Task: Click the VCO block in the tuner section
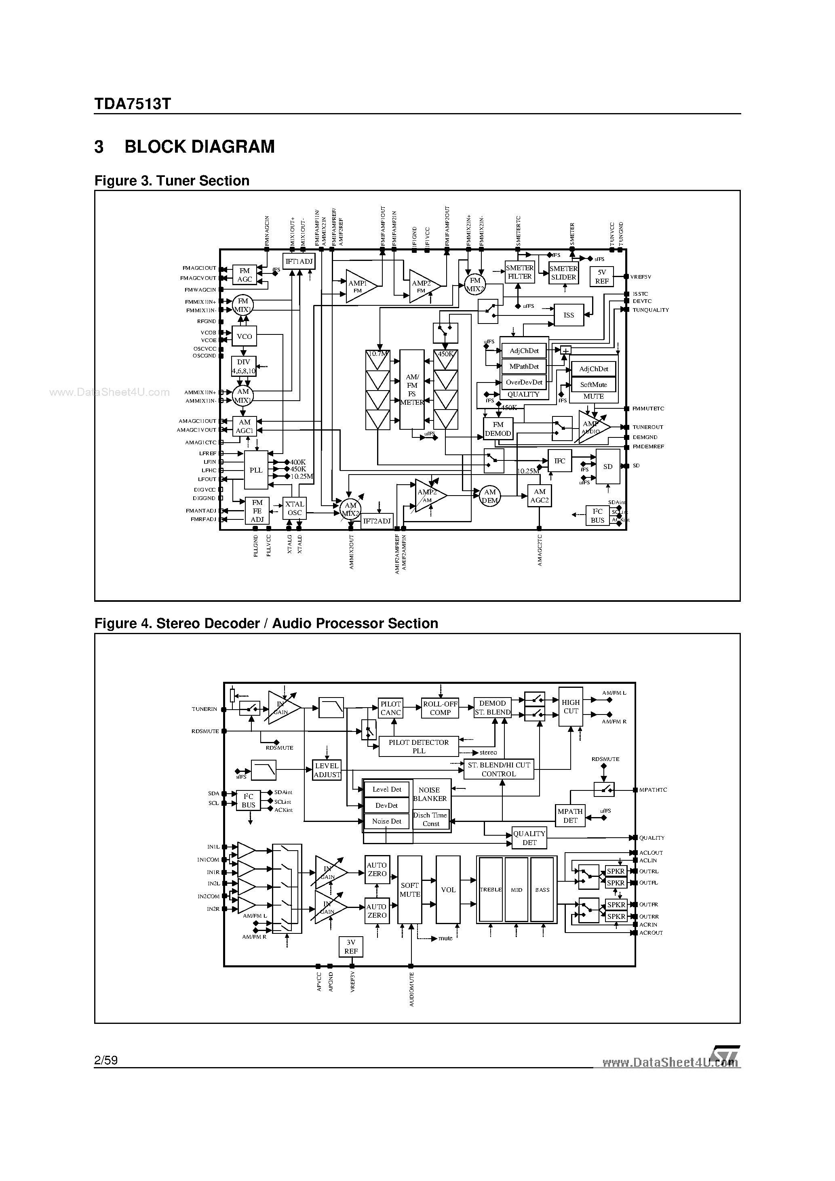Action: [x=244, y=336]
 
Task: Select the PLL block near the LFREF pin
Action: [x=256, y=470]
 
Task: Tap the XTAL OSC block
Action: [x=295, y=508]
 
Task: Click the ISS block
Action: [x=568, y=315]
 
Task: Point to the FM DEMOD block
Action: [x=498, y=429]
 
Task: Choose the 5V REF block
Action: [x=602, y=277]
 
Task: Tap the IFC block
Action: [x=560, y=461]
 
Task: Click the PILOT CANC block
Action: [x=390, y=708]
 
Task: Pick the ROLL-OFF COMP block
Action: [x=440, y=708]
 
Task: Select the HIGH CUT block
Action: [x=570, y=706]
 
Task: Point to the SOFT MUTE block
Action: [x=410, y=889]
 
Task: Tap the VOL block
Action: [x=448, y=889]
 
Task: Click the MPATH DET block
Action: [x=570, y=816]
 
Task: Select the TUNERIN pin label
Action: [x=205, y=709]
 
